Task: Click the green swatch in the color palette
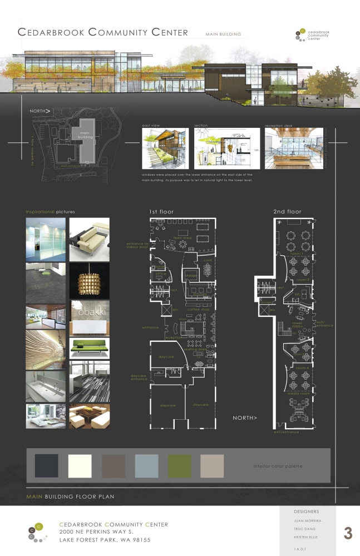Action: click(x=180, y=466)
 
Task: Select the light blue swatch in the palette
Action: click(x=146, y=466)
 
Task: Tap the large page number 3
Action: click(x=348, y=533)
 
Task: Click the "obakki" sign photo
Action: click(x=89, y=315)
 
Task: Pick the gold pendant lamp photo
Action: click(x=89, y=281)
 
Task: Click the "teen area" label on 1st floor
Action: click(x=183, y=238)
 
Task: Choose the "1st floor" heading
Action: click(x=161, y=212)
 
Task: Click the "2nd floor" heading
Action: click(x=287, y=212)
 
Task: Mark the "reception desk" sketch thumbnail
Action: click(x=294, y=148)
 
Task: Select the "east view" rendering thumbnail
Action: click(x=165, y=148)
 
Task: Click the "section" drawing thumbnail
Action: click(x=227, y=148)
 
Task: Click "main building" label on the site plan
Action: click(x=85, y=134)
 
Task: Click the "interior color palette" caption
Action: click(x=278, y=466)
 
